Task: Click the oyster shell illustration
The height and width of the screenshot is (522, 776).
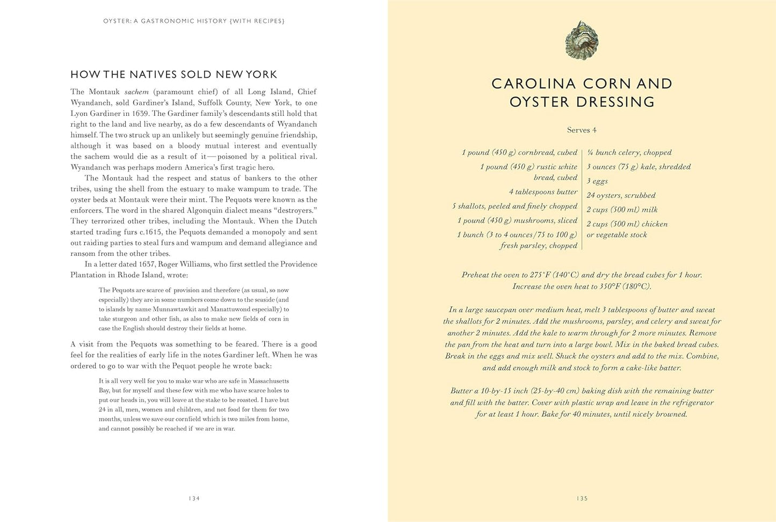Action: tap(582, 40)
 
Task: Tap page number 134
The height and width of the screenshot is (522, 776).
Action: tap(194, 498)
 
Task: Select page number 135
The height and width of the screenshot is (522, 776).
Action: tap(582, 498)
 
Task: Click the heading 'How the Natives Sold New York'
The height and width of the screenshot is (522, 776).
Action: tap(174, 75)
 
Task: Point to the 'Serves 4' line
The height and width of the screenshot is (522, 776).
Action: tap(582, 130)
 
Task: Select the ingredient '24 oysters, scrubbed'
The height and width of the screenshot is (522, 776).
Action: tap(621, 195)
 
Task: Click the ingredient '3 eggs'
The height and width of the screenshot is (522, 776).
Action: tap(597, 181)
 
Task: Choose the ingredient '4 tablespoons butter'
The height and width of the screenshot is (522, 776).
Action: tap(543, 192)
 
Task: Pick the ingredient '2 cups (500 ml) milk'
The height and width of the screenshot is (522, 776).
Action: tap(622, 210)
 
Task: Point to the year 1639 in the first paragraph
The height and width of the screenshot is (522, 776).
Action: tap(139, 113)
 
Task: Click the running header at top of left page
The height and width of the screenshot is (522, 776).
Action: tap(194, 21)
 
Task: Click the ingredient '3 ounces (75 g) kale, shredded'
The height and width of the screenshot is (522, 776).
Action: tap(639, 167)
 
